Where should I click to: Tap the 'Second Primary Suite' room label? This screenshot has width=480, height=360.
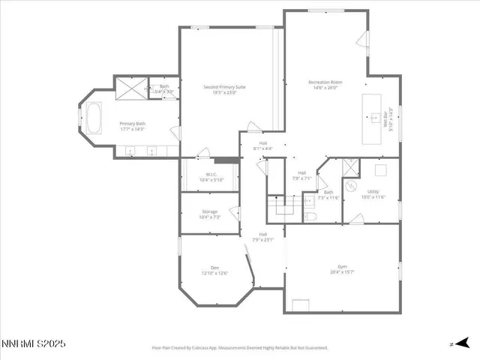[x=224, y=87]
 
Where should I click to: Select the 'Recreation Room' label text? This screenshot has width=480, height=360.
[x=325, y=81]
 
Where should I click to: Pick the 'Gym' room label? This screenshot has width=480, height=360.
[x=341, y=266]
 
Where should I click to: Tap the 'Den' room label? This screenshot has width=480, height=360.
[x=214, y=268]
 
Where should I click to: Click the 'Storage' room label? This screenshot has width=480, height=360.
[x=208, y=212]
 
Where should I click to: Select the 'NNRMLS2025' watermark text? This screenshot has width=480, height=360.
[x=33, y=344]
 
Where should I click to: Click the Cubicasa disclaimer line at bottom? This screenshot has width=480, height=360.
[x=239, y=348]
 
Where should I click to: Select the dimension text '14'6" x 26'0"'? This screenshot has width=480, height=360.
[x=325, y=87]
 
